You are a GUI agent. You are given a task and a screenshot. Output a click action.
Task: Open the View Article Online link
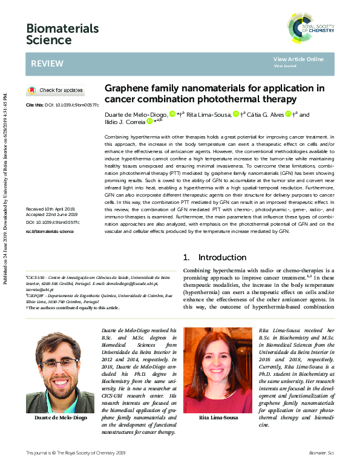coord(298,59)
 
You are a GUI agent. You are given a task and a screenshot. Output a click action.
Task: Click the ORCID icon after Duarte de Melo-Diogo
coord(172,114)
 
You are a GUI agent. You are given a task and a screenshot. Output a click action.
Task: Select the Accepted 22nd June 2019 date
coord(53,214)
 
